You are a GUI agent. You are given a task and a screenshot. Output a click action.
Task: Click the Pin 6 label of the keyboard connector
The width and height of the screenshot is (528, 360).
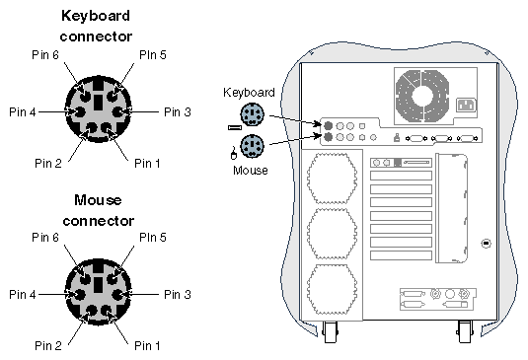click(45, 55)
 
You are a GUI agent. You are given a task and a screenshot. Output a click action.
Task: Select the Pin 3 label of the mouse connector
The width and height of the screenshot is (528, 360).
click(178, 294)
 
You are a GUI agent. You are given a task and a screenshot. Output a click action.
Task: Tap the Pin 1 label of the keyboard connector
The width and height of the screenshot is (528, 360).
click(147, 163)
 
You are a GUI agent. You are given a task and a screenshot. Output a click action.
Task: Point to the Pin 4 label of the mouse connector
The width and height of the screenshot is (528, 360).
click(23, 294)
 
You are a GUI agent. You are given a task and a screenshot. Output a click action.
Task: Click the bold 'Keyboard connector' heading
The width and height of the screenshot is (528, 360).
click(96, 27)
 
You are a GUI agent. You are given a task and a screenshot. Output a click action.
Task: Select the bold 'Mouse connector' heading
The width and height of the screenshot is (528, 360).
click(98, 211)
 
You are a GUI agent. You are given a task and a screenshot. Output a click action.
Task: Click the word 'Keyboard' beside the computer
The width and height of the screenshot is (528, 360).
click(249, 93)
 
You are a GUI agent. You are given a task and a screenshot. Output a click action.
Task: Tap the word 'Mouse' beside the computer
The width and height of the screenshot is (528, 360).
click(251, 171)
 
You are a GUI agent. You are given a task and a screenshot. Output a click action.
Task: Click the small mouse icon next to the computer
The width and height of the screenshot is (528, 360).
click(233, 153)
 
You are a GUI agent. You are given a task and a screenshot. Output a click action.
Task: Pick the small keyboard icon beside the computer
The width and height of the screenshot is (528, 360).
click(235, 127)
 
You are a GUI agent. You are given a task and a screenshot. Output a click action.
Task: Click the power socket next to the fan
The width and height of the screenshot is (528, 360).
click(467, 105)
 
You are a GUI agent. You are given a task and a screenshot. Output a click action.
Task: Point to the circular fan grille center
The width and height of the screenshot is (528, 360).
click(422, 96)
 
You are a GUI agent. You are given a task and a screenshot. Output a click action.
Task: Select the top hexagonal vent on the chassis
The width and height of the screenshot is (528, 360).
click(332, 179)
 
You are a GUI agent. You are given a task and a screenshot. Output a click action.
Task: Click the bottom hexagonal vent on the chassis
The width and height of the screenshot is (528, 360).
click(332, 289)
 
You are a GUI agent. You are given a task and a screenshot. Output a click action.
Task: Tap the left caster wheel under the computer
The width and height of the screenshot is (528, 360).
click(330, 332)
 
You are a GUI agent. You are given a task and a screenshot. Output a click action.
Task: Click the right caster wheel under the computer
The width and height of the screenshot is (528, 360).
click(465, 332)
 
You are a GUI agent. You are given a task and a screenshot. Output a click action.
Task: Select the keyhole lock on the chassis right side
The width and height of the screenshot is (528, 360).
click(486, 243)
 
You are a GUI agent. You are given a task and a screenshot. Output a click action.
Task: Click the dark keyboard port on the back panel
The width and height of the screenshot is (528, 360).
click(328, 126)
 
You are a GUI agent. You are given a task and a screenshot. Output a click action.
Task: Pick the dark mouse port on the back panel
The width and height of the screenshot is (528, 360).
click(328, 137)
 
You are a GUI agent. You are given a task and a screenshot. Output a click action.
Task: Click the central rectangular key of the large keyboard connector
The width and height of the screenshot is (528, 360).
click(98, 103)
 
